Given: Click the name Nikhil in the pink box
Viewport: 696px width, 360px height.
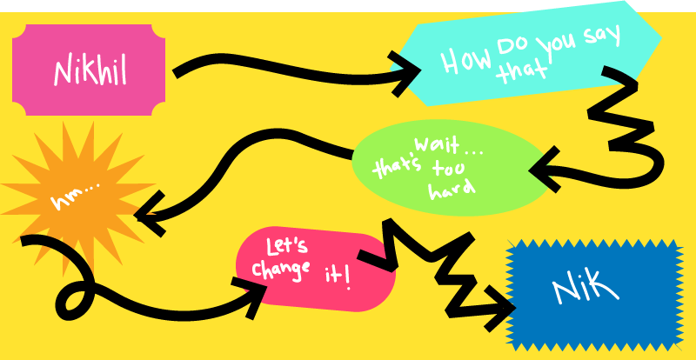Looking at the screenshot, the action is click(x=90, y=70).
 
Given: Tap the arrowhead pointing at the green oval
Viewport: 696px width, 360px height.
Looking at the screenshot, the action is click(x=545, y=172).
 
